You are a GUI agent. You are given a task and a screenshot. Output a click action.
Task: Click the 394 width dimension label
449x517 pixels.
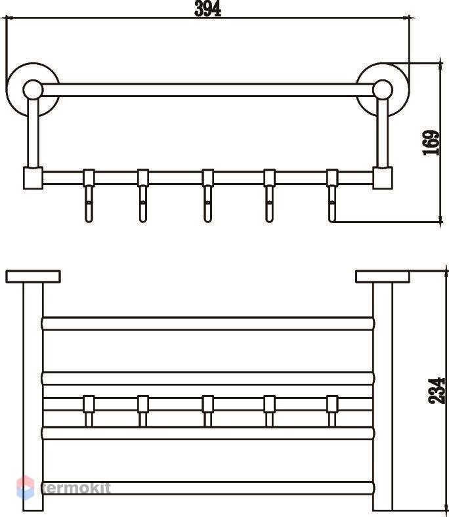pyautogui.click(x=207, y=9)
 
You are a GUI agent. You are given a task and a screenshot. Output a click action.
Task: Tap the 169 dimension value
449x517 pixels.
pyautogui.click(x=431, y=143)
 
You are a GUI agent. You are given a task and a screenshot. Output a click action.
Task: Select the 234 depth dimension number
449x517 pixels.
pyautogui.click(x=437, y=391)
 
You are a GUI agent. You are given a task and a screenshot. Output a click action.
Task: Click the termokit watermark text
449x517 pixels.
pyautogui.click(x=77, y=488)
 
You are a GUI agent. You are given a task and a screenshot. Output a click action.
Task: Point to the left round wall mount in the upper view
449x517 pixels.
pyautogui.click(x=33, y=90)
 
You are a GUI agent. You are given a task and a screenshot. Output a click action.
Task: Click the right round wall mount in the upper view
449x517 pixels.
pyautogui.click(x=383, y=90)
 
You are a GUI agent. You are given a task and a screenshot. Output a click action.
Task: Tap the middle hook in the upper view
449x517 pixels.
pyautogui.click(x=207, y=196)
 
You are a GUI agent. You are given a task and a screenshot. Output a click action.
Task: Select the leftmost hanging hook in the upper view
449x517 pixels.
pyautogui.click(x=89, y=196)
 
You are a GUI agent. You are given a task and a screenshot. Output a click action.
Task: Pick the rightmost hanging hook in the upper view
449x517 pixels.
pyautogui.click(x=332, y=196)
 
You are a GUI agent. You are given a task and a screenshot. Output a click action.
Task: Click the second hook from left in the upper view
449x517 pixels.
pyautogui.click(x=143, y=196)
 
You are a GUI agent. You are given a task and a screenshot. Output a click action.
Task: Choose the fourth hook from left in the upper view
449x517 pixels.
pyautogui.click(x=270, y=196)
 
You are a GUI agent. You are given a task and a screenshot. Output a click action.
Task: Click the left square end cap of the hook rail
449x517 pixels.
pyautogui.click(x=33, y=178)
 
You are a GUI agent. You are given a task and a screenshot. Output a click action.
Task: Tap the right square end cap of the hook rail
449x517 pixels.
pyautogui.click(x=383, y=178)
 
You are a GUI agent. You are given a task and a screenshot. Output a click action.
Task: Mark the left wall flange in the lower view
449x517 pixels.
pyautogui.click(x=33, y=277)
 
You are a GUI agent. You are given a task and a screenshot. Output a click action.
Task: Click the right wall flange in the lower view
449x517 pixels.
pyautogui.click(x=383, y=277)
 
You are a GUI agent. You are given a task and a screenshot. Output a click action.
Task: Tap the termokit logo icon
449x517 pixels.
pyautogui.click(x=26, y=487)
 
